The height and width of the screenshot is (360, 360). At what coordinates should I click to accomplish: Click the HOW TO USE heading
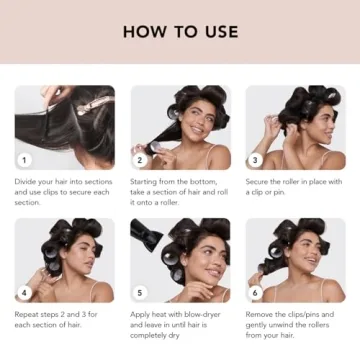point(179,31)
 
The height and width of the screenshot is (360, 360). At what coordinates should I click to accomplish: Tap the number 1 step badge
point(25,159)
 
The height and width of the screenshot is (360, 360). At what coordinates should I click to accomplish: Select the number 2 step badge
point(141,159)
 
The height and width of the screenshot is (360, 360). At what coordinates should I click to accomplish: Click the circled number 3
point(256,159)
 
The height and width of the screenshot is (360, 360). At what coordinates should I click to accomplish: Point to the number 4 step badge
point(25,293)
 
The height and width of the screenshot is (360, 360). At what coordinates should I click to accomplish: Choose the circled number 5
point(141,293)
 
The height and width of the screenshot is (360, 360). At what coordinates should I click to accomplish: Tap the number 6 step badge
point(256,293)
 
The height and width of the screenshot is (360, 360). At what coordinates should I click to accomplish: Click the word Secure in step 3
point(259,181)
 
